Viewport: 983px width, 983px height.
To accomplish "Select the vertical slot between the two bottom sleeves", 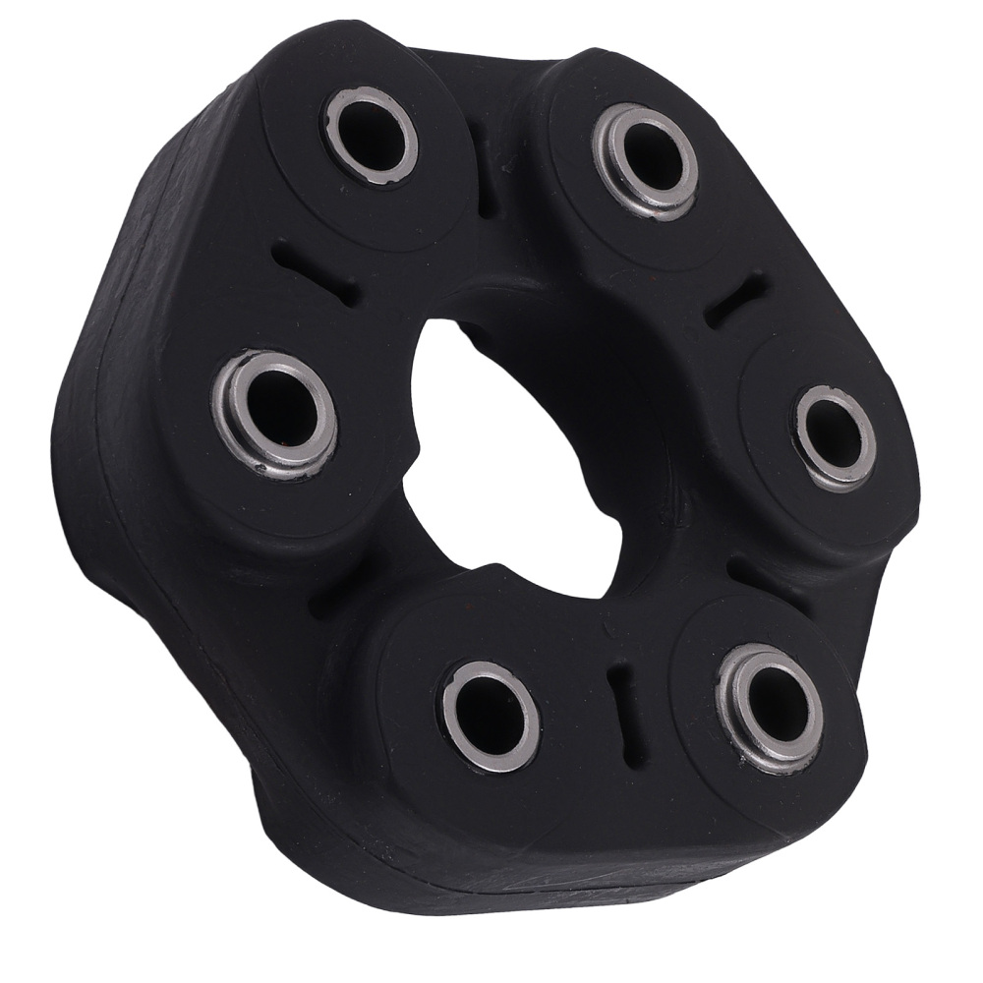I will (x=618, y=693).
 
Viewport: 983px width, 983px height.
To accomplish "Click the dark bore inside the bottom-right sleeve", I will (x=777, y=702).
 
